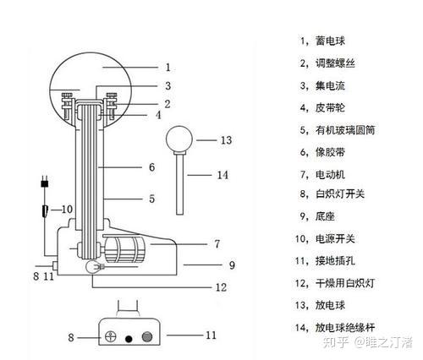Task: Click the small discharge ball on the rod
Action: (x=179, y=139)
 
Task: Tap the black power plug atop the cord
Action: (x=45, y=183)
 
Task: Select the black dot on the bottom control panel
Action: (x=129, y=339)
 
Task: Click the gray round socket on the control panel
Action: (x=147, y=337)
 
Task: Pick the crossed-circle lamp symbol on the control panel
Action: (x=111, y=336)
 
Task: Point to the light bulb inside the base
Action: (x=93, y=266)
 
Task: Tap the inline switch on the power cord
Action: (x=45, y=211)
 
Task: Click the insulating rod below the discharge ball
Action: (x=179, y=183)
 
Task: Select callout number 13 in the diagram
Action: (x=226, y=140)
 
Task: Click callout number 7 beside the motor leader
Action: (x=217, y=244)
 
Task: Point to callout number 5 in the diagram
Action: (x=152, y=199)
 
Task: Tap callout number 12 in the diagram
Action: (x=222, y=287)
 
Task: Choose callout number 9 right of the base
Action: (x=232, y=265)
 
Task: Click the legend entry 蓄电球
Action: (x=330, y=41)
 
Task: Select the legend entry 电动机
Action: (x=330, y=175)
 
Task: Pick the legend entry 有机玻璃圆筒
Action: (x=345, y=130)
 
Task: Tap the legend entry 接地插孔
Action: (x=335, y=261)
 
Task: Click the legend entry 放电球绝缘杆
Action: (x=345, y=328)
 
